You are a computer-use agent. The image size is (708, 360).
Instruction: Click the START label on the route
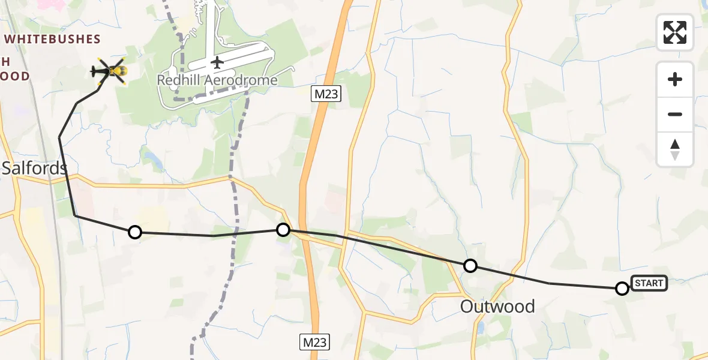(x=649, y=283)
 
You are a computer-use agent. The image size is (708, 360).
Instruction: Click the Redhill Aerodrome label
(x=217, y=80)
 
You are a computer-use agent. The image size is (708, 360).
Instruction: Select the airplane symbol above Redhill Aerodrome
(x=217, y=62)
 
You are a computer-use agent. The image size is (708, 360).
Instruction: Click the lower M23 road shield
(x=314, y=343)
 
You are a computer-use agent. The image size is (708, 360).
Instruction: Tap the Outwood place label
(x=497, y=307)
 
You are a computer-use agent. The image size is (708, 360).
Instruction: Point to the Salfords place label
(x=34, y=168)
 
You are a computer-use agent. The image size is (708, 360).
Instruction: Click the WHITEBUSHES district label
(x=53, y=39)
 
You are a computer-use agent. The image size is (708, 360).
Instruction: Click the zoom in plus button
(x=675, y=79)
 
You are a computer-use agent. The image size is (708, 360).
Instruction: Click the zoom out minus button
(x=675, y=114)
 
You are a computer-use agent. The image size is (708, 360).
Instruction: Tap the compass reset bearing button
(x=675, y=149)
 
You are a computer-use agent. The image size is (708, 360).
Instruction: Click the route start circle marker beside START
(x=622, y=289)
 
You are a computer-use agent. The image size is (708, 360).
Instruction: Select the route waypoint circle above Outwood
(x=470, y=265)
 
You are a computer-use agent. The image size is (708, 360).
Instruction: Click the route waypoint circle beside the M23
(x=283, y=229)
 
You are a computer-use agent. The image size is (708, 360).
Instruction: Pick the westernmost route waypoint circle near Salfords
(x=135, y=232)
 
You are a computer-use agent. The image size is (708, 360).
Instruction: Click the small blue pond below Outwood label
(x=481, y=328)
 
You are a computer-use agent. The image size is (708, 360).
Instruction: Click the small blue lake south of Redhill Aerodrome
(x=151, y=159)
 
